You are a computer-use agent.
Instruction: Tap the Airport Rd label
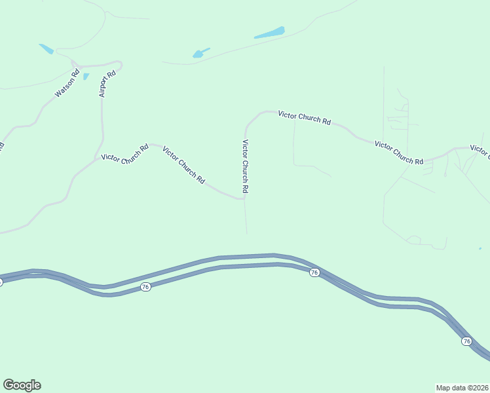pos(107,83)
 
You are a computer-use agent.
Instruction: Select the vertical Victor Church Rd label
pos(246,166)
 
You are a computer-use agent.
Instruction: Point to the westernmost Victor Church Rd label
pos(124,153)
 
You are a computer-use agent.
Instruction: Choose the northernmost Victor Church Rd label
pos(304,117)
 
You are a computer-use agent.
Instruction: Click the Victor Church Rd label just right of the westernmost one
pos(184,164)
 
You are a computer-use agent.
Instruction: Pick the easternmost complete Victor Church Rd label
pos(399,153)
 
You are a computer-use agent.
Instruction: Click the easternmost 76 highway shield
pos(466,341)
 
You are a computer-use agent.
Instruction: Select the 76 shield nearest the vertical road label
pos(314,272)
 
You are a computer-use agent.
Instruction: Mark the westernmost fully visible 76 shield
pos(145,288)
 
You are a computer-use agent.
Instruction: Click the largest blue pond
pos(269,33)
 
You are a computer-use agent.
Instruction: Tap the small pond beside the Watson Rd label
pos(86,77)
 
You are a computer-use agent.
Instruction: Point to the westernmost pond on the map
pos(46,48)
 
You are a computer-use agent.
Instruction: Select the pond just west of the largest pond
pos(200,53)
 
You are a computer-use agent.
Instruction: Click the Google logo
pos(22,385)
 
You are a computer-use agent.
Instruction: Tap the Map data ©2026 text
pos(462,387)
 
